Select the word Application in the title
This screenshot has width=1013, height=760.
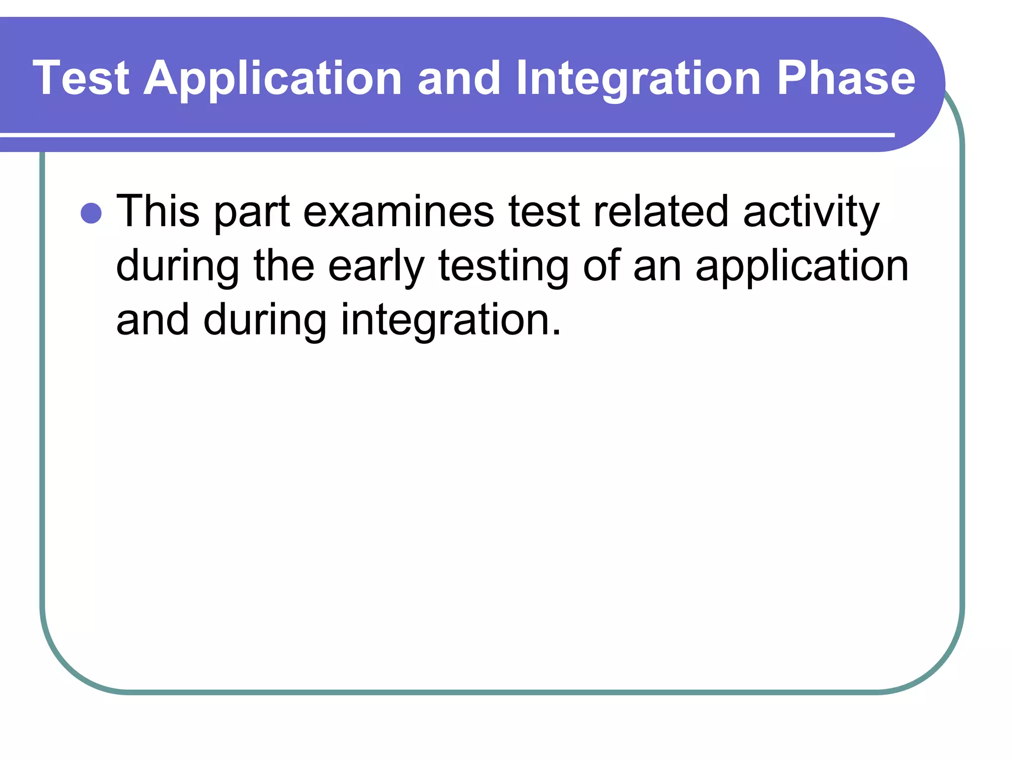coord(273,79)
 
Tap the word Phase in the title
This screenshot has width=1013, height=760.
coord(846,78)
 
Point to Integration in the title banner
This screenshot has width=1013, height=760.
coord(638,79)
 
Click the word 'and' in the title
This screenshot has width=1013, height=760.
coord(459,78)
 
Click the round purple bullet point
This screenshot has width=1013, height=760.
coord(91,213)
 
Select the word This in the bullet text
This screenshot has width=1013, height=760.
coord(157,212)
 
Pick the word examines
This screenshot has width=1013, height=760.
coord(398,212)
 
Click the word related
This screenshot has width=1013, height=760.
coord(660,212)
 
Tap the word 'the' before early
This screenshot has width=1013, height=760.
coord(284,266)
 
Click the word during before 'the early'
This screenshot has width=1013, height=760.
coord(177,267)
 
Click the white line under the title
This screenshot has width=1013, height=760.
coord(445,135)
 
